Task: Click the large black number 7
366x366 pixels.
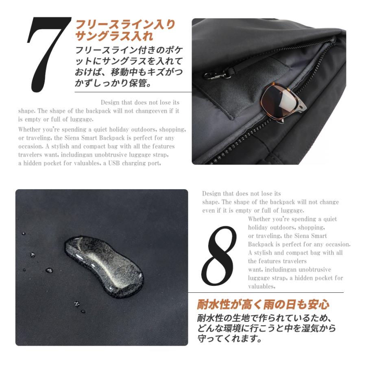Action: pyautogui.click(x=48, y=54)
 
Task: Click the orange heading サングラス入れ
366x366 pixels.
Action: pyautogui.click(x=114, y=37)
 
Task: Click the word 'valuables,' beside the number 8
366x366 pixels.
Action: pyautogui.click(x=261, y=286)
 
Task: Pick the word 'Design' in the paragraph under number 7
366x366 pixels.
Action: pyautogui.click(x=110, y=102)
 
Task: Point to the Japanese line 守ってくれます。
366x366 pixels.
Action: pyautogui.click(x=229, y=339)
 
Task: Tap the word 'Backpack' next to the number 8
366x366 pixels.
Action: pyautogui.click(x=261, y=244)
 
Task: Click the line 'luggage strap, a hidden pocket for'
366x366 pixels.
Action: pyautogui.click(x=295, y=278)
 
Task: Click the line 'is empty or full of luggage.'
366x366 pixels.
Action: pyautogui.click(x=56, y=120)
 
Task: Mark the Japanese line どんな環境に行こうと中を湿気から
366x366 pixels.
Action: pyautogui.click(x=266, y=328)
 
